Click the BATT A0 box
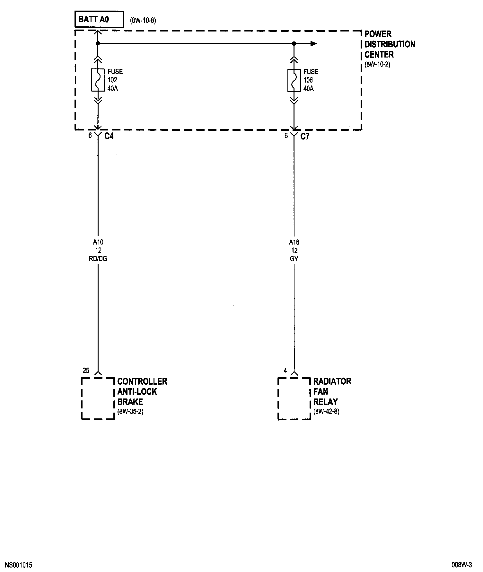click(99, 20)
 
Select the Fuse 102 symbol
click(98, 80)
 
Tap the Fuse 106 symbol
click(294, 80)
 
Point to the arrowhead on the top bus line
click(314, 44)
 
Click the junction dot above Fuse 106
click(294, 43)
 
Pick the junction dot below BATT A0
click(98, 43)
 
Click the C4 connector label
click(109, 136)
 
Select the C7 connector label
click(305, 136)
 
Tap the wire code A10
click(98, 242)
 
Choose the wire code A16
click(294, 242)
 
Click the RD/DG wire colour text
click(98, 259)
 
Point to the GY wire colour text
click(294, 259)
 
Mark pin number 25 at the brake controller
click(86, 371)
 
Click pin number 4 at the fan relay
click(285, 371)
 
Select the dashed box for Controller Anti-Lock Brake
click(98, 398)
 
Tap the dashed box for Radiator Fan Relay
click(294, 398)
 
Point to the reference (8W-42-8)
click(326, 412)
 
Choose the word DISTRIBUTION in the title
click(390, 44)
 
